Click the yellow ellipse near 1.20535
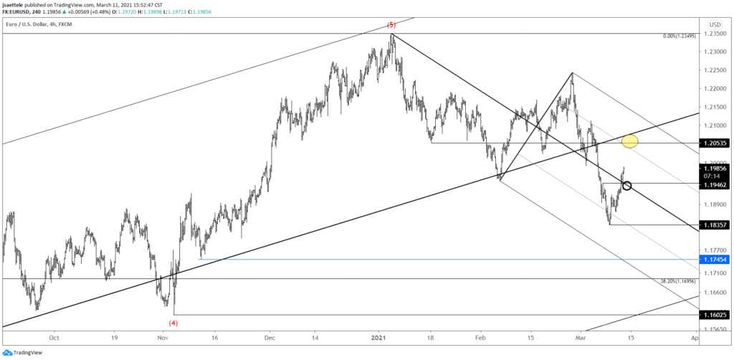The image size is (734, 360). point(629,141)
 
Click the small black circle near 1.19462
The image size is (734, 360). point(627,186)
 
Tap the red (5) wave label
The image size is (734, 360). point(391,25)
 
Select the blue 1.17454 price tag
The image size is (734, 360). point(715,259)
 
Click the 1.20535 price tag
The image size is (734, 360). point(715,143)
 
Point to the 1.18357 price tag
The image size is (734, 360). point(715,224)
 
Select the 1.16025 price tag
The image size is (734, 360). point(715,315)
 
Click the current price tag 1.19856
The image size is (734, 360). point(715,168)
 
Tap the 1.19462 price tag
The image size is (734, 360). point(715,184)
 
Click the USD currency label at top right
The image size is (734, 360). point(715,24)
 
